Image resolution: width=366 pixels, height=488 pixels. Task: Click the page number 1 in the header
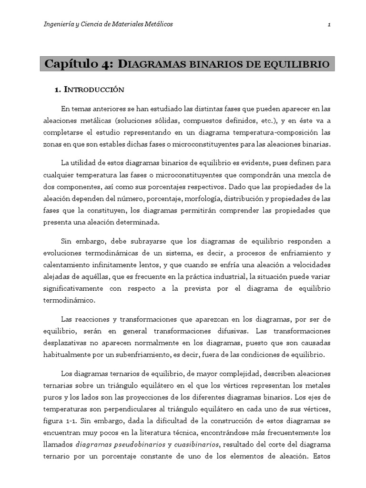329,24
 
